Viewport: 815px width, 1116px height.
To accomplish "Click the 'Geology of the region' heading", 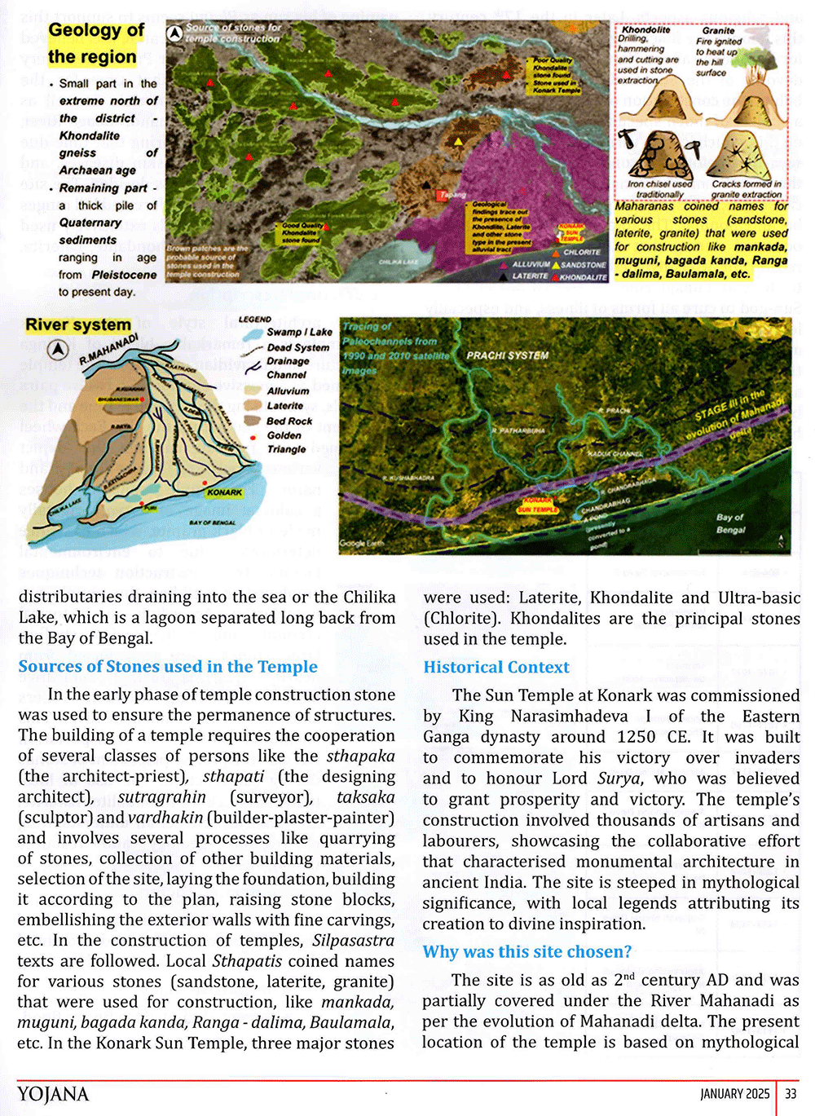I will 96,44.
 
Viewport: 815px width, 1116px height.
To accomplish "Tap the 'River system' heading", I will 78,325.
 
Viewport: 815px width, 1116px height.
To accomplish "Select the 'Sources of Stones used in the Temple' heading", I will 168,667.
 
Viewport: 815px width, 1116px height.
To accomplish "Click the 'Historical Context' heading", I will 496,668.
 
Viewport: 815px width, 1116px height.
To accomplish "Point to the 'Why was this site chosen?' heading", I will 527,952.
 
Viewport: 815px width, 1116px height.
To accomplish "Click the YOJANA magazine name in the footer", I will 53,1094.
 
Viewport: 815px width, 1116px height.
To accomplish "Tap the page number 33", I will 791,1094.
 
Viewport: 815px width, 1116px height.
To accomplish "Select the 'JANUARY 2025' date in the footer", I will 734,1094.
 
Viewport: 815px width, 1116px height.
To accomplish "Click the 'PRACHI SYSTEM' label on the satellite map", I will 507,355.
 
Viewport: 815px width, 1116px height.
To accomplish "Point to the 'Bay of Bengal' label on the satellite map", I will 730,523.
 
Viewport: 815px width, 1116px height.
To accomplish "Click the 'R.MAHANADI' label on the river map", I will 108,348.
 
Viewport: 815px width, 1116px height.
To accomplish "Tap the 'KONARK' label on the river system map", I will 224,492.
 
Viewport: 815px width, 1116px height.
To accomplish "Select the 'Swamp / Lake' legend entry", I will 299,333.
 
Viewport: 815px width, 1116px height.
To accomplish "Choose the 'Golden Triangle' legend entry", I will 286,442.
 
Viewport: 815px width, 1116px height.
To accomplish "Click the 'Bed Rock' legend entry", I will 289,421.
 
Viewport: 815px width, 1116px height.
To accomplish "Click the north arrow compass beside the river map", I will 57,350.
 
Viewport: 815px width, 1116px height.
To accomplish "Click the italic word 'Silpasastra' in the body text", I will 353,941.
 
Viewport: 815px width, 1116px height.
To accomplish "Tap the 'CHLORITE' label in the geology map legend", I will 582,252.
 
